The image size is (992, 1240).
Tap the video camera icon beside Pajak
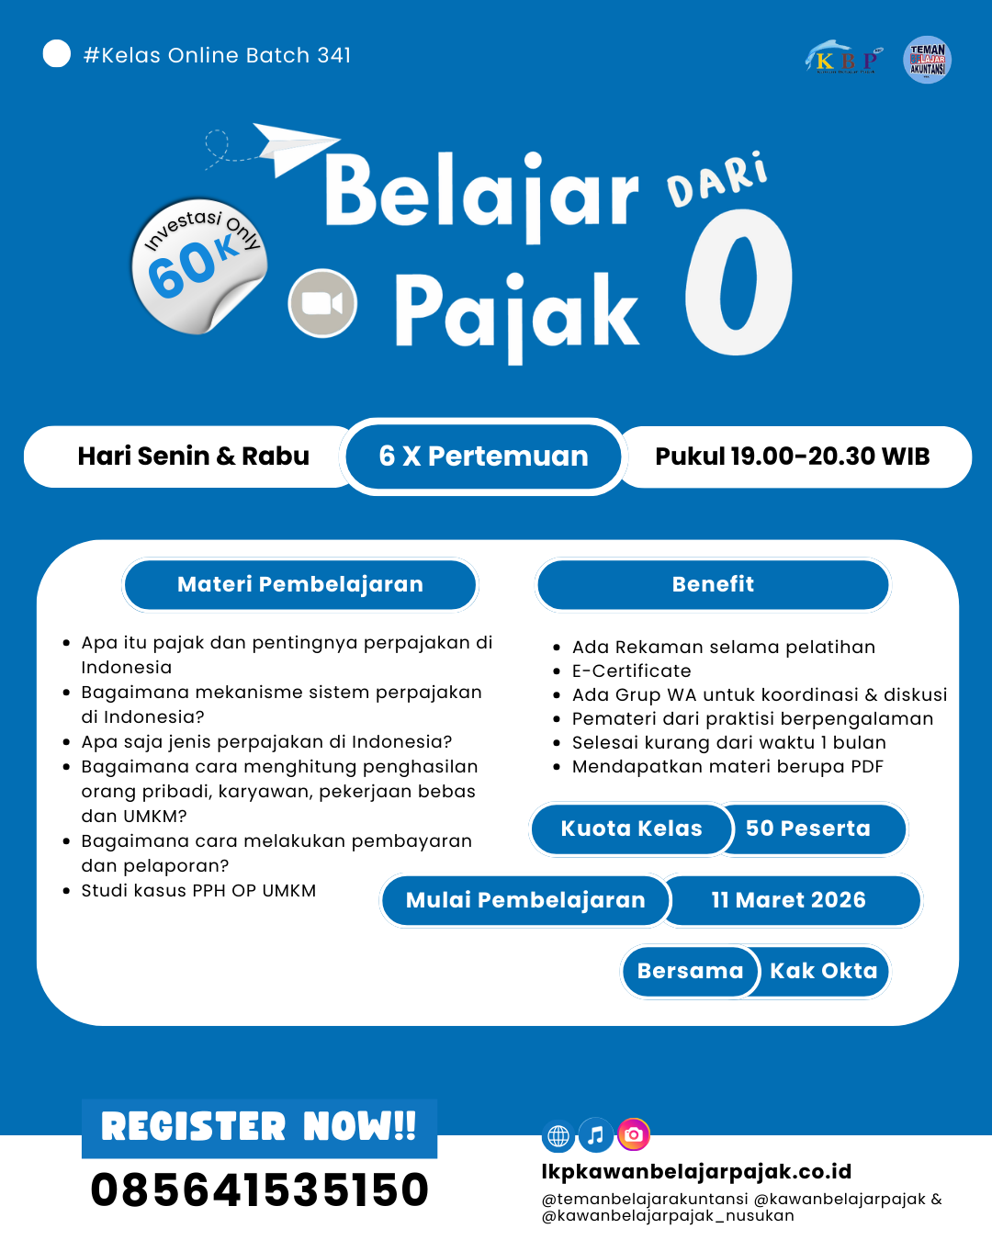(x=322, y=303)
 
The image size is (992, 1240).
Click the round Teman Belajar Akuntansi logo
(x=927, y=61)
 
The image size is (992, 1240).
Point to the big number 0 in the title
(x=738, y=284)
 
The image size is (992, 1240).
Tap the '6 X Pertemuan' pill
(x=483, y=457)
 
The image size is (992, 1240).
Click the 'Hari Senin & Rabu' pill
(x=193, y=457)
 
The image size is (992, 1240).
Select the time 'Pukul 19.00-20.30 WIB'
(x=792, y=457)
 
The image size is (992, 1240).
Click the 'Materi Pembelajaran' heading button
(x=300, y=584)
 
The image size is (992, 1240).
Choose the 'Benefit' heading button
(x=713, y=584)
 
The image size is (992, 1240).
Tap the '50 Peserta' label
(x=807, y=829)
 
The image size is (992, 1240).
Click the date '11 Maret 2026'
(x=788, y=900)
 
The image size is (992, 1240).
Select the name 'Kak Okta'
(x=823, y=971)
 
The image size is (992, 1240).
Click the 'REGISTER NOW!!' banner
(x=259, y=1127)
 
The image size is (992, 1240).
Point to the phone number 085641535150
(x=259, y=1190)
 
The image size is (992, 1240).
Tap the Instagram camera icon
(x=633, y=1135)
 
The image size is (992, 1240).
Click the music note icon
(x=595, y=1136)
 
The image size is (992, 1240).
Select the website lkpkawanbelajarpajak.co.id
(x=696, y=1172)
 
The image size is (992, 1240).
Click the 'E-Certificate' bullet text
(x=631, y=671)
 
